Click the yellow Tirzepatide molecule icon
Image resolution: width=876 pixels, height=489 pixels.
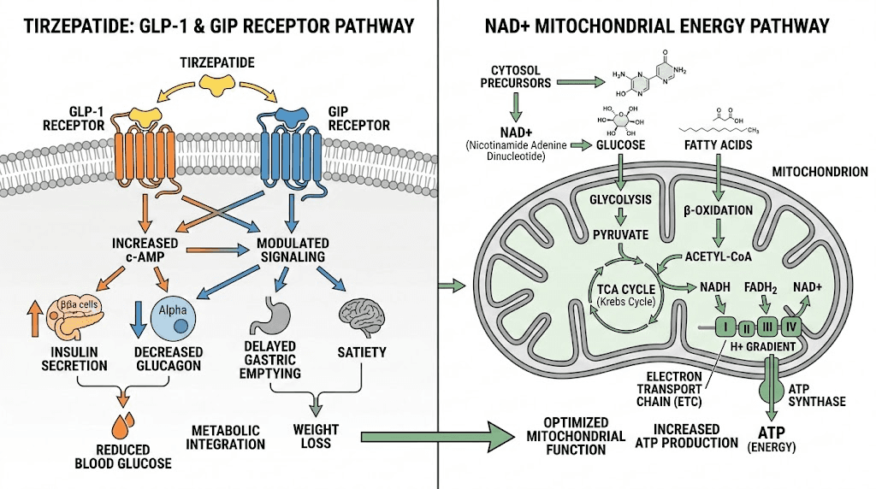(x=218, y=82)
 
